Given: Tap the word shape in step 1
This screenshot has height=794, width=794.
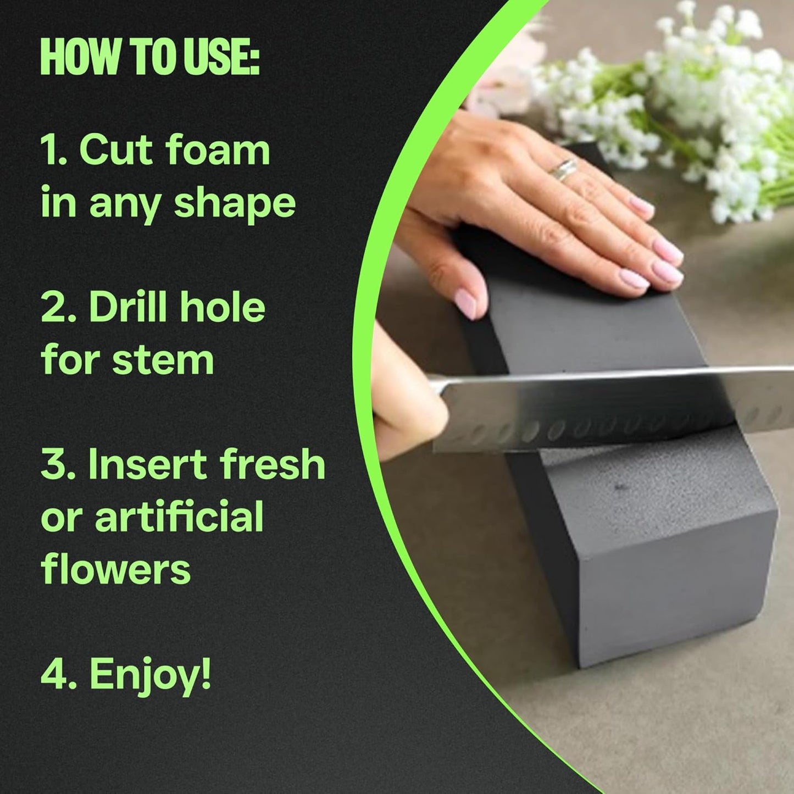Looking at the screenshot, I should coord(235,203).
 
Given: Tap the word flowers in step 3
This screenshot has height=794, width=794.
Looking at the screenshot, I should coord(116,569).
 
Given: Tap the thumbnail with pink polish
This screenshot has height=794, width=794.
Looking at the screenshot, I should coord(467,304).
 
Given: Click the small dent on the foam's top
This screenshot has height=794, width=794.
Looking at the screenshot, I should coord(621,487).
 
